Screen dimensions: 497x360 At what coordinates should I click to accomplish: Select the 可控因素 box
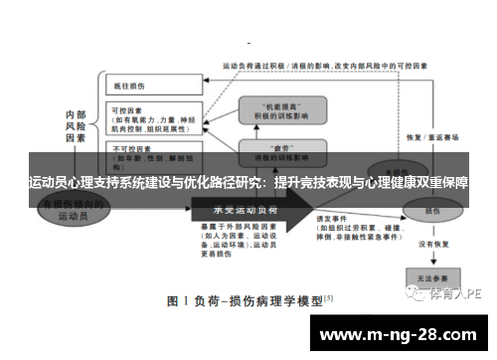pos(149,119)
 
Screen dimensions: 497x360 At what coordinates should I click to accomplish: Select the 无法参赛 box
pos(431,276)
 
